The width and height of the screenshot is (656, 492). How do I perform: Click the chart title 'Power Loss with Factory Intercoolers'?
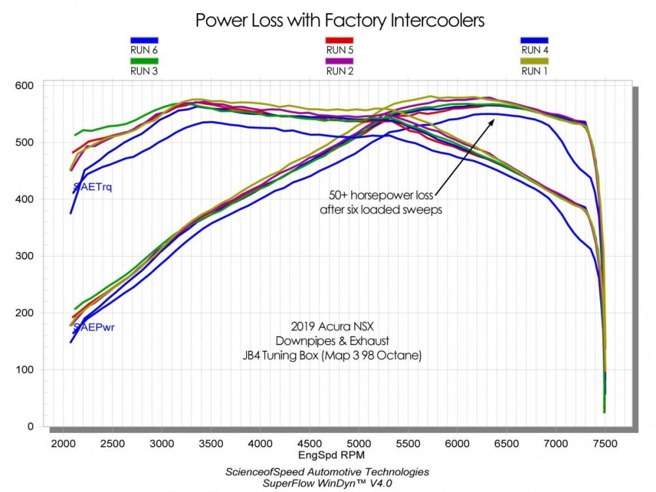340,20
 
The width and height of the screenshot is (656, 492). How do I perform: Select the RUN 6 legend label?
144,50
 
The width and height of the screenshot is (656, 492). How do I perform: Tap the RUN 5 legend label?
340,50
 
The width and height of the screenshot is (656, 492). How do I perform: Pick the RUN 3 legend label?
144,71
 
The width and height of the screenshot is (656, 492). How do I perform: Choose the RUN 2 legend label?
340,71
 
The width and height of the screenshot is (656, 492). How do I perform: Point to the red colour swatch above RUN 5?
340,40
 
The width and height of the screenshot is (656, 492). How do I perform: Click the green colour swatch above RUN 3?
144,61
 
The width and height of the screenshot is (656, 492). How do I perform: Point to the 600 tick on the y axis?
26,85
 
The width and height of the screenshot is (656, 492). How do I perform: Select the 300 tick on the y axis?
26,256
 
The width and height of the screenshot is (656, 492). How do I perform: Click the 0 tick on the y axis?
31,426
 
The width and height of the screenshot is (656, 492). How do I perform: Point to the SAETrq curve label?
92,188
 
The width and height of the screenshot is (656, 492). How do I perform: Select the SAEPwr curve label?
94,327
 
